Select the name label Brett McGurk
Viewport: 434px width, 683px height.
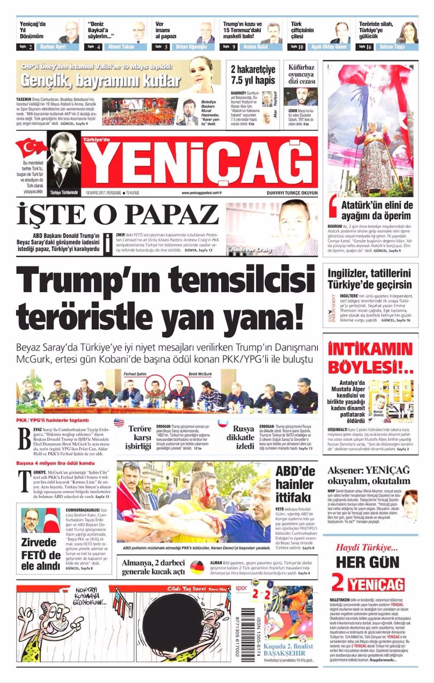pos(200,374)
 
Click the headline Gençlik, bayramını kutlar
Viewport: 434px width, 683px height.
pos(100,81)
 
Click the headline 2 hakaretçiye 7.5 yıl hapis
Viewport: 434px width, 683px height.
pos(252,75)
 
